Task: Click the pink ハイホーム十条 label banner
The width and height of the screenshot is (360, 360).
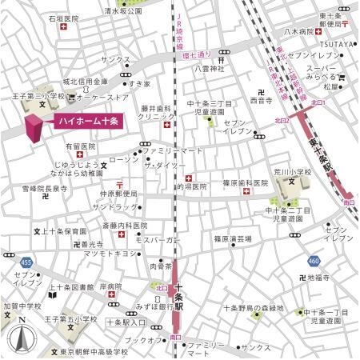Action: pyautogui.click(x=87, y=122)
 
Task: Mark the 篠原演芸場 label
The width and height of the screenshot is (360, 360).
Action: pyautogui.click(x=233, y=238)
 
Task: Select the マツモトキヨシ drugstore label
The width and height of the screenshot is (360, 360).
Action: pyautogui.click(x=106, y=254)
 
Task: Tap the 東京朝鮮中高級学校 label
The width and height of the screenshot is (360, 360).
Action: pyautogui.click(x=93, y=351)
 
